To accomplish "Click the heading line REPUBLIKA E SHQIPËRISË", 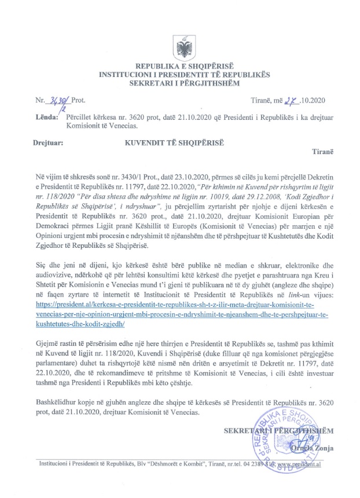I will point(180,67).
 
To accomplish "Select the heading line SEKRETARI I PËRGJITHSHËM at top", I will point(179,85).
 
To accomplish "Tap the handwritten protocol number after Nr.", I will point(58,101).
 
